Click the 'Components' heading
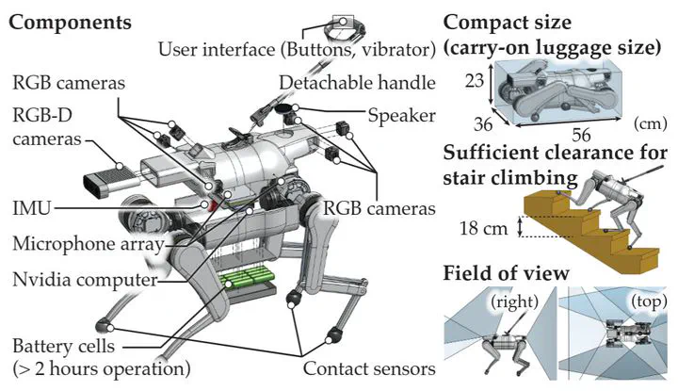(70, 19)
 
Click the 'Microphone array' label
(86, 244)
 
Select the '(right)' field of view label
(510, 302)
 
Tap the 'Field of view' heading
(506, 273)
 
